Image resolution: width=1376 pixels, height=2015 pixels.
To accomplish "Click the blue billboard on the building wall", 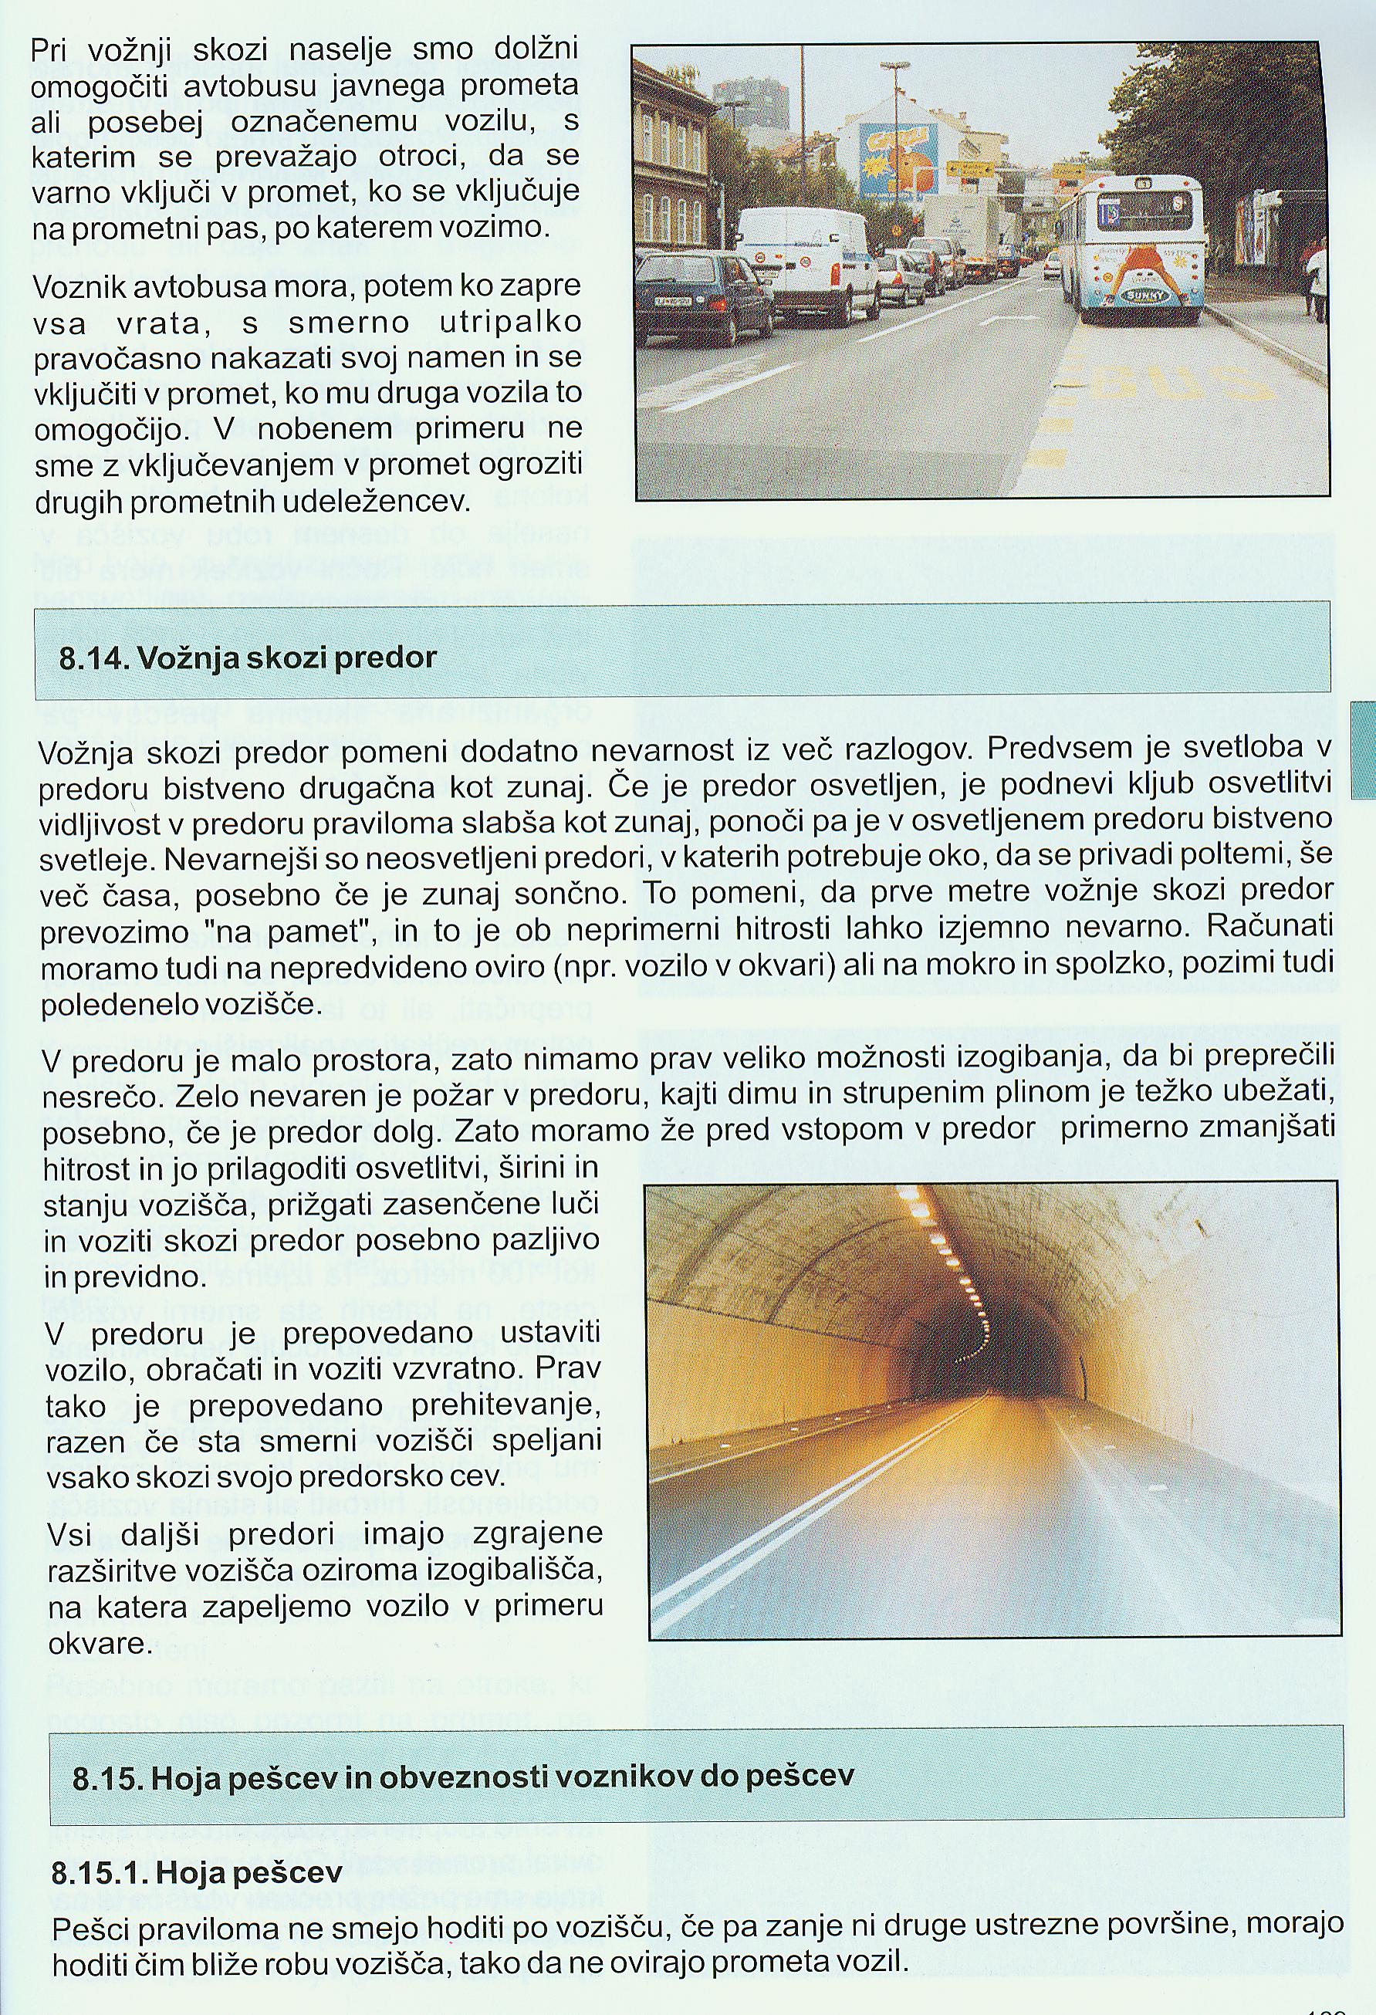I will (x=898, y=159).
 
